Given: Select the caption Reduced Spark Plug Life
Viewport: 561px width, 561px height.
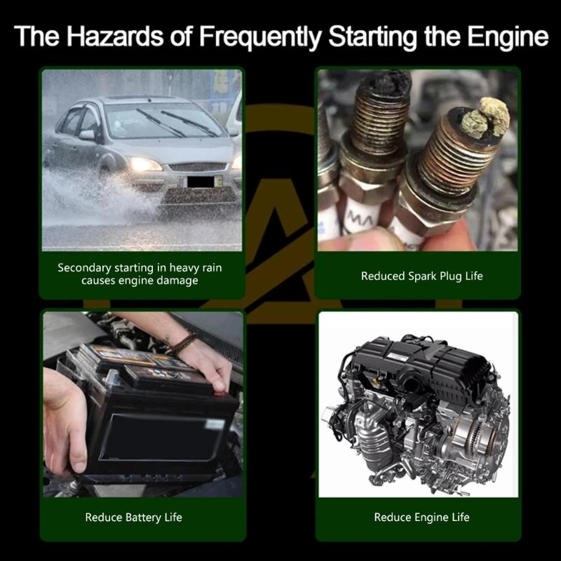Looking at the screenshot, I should [x=421, y=276].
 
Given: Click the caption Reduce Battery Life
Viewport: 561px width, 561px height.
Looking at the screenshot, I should [x=133, y=518].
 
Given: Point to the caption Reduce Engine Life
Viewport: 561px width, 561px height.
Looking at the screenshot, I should [x=421, y=518].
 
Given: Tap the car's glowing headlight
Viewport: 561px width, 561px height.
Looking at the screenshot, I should [x=145, y=164].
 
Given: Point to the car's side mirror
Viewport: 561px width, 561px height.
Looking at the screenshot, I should [x=87, y=135].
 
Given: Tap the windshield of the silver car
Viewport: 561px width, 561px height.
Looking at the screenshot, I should [x=165, y=119].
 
